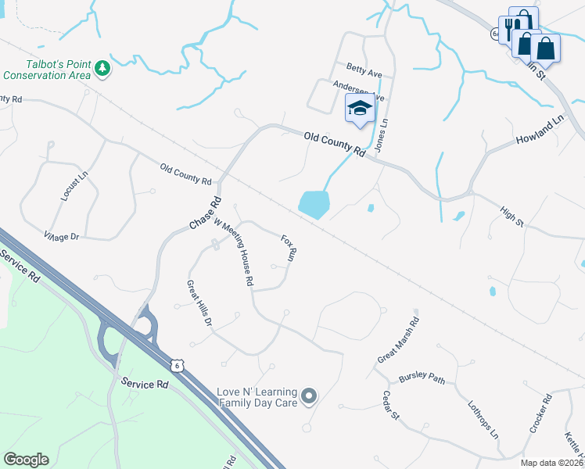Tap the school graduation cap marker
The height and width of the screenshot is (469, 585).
pos(360,109)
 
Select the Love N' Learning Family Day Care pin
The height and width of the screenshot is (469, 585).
pos(309,396)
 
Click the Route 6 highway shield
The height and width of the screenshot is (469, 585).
pos(179,364)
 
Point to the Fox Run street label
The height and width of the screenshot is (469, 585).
pos(288,246)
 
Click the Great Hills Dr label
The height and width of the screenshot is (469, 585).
pos(199,303)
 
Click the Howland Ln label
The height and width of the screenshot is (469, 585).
pos(540,131)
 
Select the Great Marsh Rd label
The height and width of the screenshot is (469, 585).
pos(398,339)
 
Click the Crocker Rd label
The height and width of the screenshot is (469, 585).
pos(540,414)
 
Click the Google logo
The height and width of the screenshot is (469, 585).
pos(26,460)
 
